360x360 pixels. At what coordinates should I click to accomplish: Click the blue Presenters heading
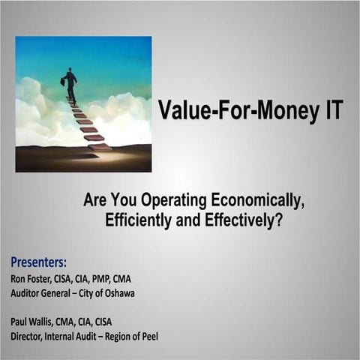(38, 262)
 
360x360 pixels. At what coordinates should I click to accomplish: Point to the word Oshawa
(118, 292)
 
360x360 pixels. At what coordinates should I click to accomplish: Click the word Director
(28, 337)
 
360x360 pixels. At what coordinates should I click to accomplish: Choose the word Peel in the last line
(148, 337)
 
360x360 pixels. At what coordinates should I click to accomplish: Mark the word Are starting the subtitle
(97, 202)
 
